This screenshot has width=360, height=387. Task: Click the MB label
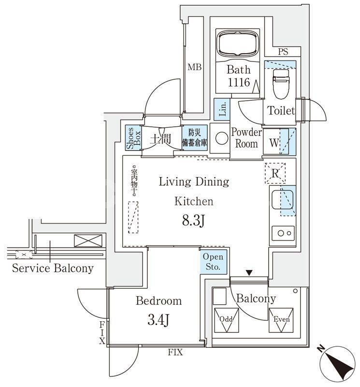pyautogui.click(x=195, y=67)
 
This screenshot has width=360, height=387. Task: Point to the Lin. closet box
pyautogui.click(x=222, y=109)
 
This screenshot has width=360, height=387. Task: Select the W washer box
pyautogui.click(x=274, y=143)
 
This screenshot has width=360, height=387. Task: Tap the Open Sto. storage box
pyautogui.click(x=213, y=262)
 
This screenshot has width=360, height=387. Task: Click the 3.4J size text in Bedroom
pyautogui.click(x=158, y=320)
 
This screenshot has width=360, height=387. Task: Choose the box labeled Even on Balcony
pyautogui.click(x=281, y=320)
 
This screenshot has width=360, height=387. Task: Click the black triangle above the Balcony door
pyautogui.click(x=249, y=273)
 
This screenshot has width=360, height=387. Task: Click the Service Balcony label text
pyautogui.click(x=53, y=268)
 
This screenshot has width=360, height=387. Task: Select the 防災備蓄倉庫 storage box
pyautogui.click(x=195, y=138)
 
